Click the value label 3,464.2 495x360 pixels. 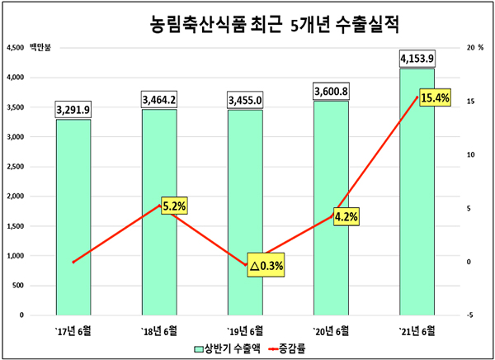(159, 100)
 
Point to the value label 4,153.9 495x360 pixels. (416, 59)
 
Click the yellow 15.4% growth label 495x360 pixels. (435, 98)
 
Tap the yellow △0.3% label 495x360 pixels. (266, 266)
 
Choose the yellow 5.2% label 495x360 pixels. (173, 206)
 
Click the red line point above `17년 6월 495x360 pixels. (73, 262)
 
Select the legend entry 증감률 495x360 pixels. (285, 348)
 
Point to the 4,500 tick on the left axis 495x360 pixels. (16, 48)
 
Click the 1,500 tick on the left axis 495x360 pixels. (16, 226)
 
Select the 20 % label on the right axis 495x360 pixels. (474, 48)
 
